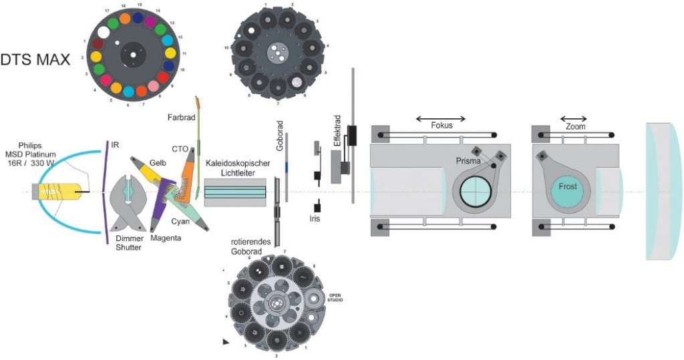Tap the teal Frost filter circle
567,187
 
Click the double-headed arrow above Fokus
440,119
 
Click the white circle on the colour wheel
104,32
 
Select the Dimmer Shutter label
130,244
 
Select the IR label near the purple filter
116,144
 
